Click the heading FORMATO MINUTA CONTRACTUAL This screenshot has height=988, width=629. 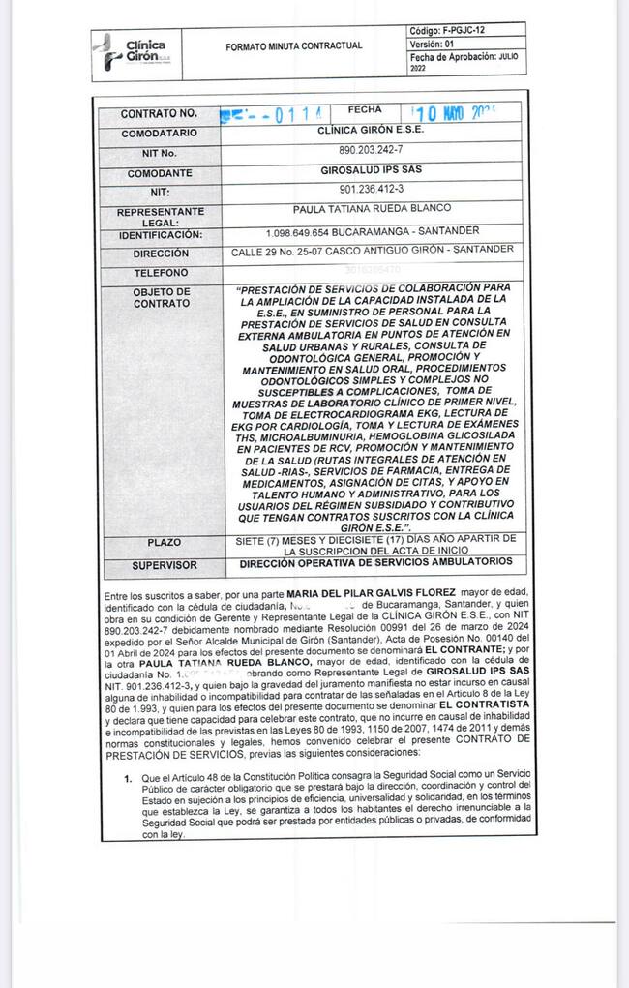(x=293, y=45)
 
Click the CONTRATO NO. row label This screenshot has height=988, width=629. (x=159, y=114)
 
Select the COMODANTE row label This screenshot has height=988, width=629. (x=160, y=174)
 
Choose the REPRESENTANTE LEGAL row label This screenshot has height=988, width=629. (x=160, y=217)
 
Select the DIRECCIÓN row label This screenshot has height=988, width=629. (x=160, y=254)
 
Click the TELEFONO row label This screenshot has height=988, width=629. (x=160, y=273)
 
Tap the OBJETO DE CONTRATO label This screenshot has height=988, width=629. (x=160, y=297)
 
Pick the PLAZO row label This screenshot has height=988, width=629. (x=160, y=542)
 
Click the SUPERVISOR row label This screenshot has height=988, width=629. (x=160, y=564)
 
